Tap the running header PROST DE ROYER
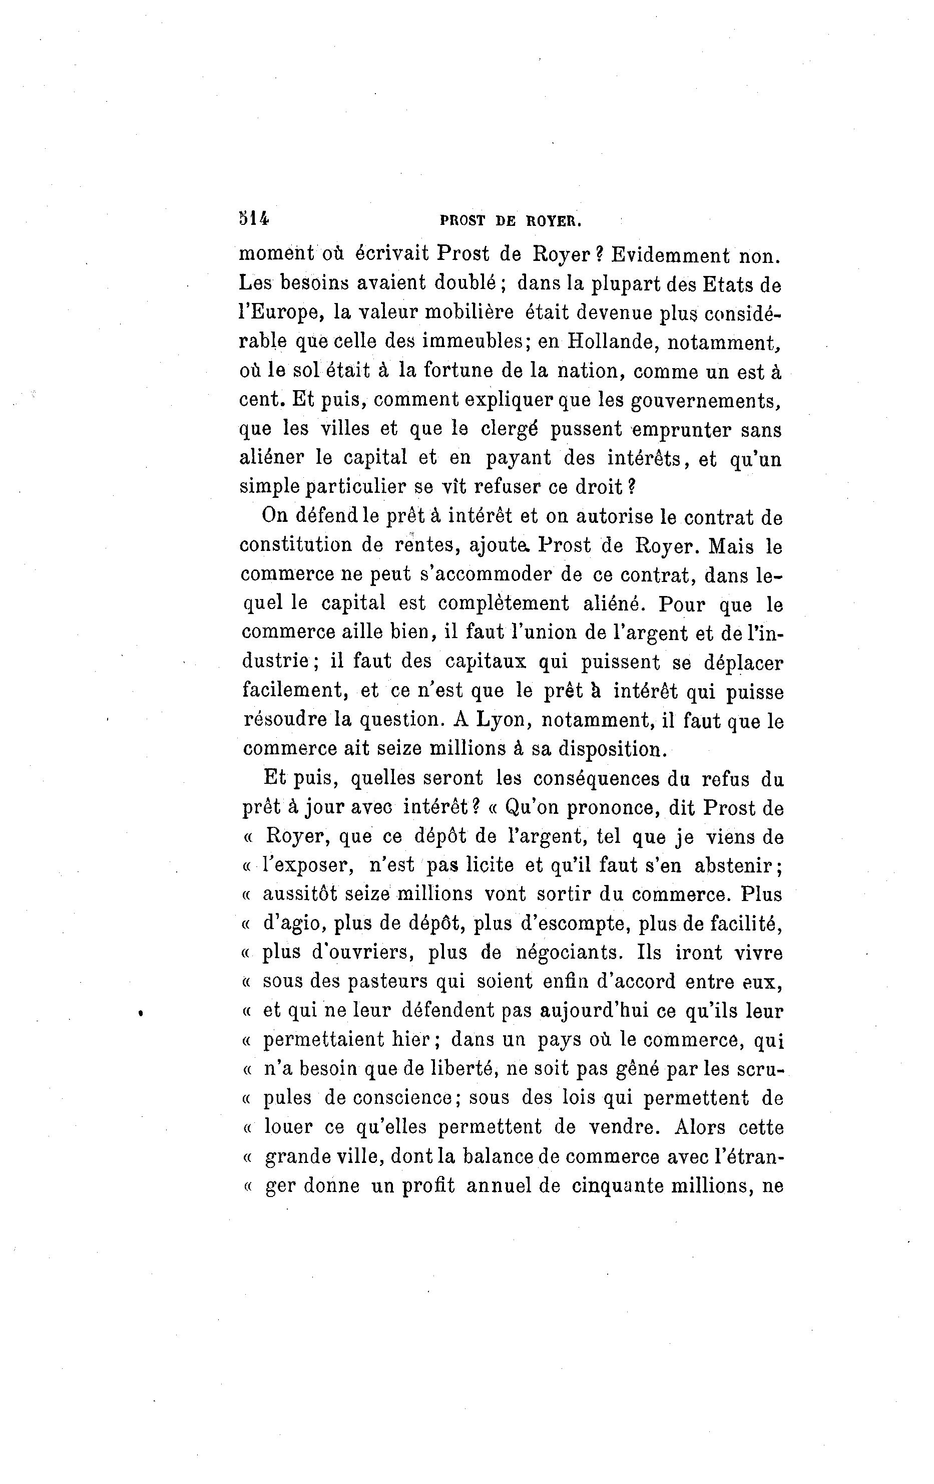511,221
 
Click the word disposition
612,749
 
